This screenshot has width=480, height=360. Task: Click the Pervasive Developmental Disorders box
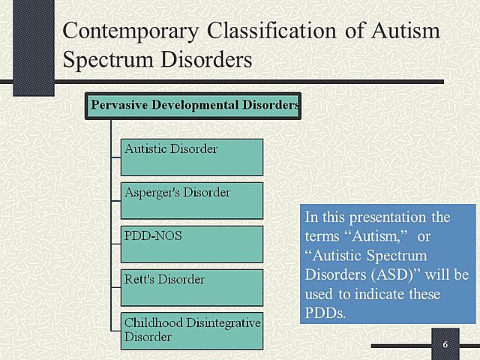[193, 105]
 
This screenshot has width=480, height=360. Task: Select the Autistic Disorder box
[192, 157]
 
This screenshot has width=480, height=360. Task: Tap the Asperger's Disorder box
[192, 200]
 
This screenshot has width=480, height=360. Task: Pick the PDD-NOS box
[192, 244]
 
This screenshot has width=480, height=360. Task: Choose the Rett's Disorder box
[192, 287]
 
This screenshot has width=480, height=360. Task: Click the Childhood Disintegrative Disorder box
[192, 331]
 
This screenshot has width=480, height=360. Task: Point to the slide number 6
[445, 344]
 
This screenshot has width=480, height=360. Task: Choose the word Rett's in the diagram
[139, 280]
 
